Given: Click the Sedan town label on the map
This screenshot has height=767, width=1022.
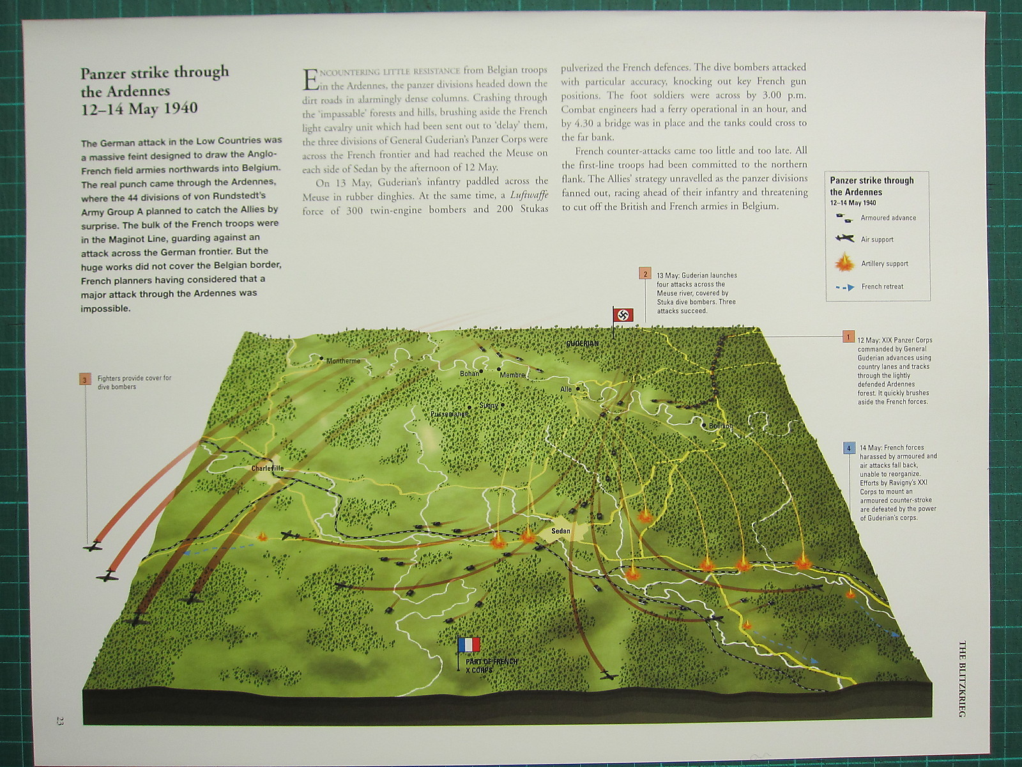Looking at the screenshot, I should tap(560, 531).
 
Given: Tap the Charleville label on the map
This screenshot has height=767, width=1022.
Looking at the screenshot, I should tap(267, 469).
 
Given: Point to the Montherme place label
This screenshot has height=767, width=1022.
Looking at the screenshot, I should tap(343, 361).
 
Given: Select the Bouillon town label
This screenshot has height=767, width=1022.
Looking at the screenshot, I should tap(721, 426).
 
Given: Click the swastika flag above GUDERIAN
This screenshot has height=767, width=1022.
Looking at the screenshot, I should tap(623, 315).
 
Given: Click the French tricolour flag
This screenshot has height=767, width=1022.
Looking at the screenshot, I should tap(469, 644).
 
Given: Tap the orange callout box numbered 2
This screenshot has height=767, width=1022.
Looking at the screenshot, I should tap(645, 274).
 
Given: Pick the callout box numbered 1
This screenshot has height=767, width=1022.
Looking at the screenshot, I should tap(848, 337).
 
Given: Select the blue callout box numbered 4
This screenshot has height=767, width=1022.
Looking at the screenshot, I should tap(848, 448).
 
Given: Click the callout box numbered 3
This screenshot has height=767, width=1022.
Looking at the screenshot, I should tap(85, 379).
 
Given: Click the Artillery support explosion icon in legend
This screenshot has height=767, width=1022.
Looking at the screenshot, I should tap(844, 263).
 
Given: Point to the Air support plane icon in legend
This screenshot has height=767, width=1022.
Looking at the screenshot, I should tap(844, 239).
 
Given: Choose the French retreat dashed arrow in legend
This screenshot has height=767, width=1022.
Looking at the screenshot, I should tap(844, 288).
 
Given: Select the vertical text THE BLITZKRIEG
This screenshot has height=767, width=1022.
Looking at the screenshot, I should tap(962, 678).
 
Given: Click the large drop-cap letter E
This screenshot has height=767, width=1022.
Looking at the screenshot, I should tap(310, 79).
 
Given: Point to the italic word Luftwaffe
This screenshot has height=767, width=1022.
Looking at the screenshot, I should tap(529, 195).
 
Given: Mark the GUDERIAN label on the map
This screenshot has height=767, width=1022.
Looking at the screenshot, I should tap(582, 344).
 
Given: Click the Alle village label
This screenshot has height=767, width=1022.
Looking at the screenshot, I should tap(566, 389).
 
